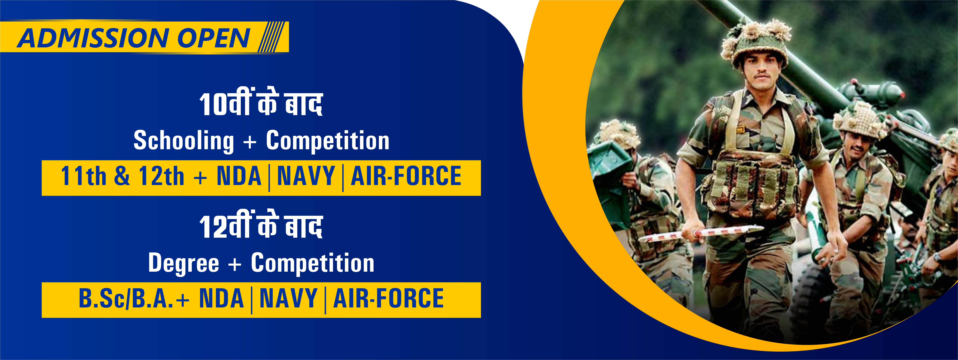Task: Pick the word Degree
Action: (184, 263)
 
